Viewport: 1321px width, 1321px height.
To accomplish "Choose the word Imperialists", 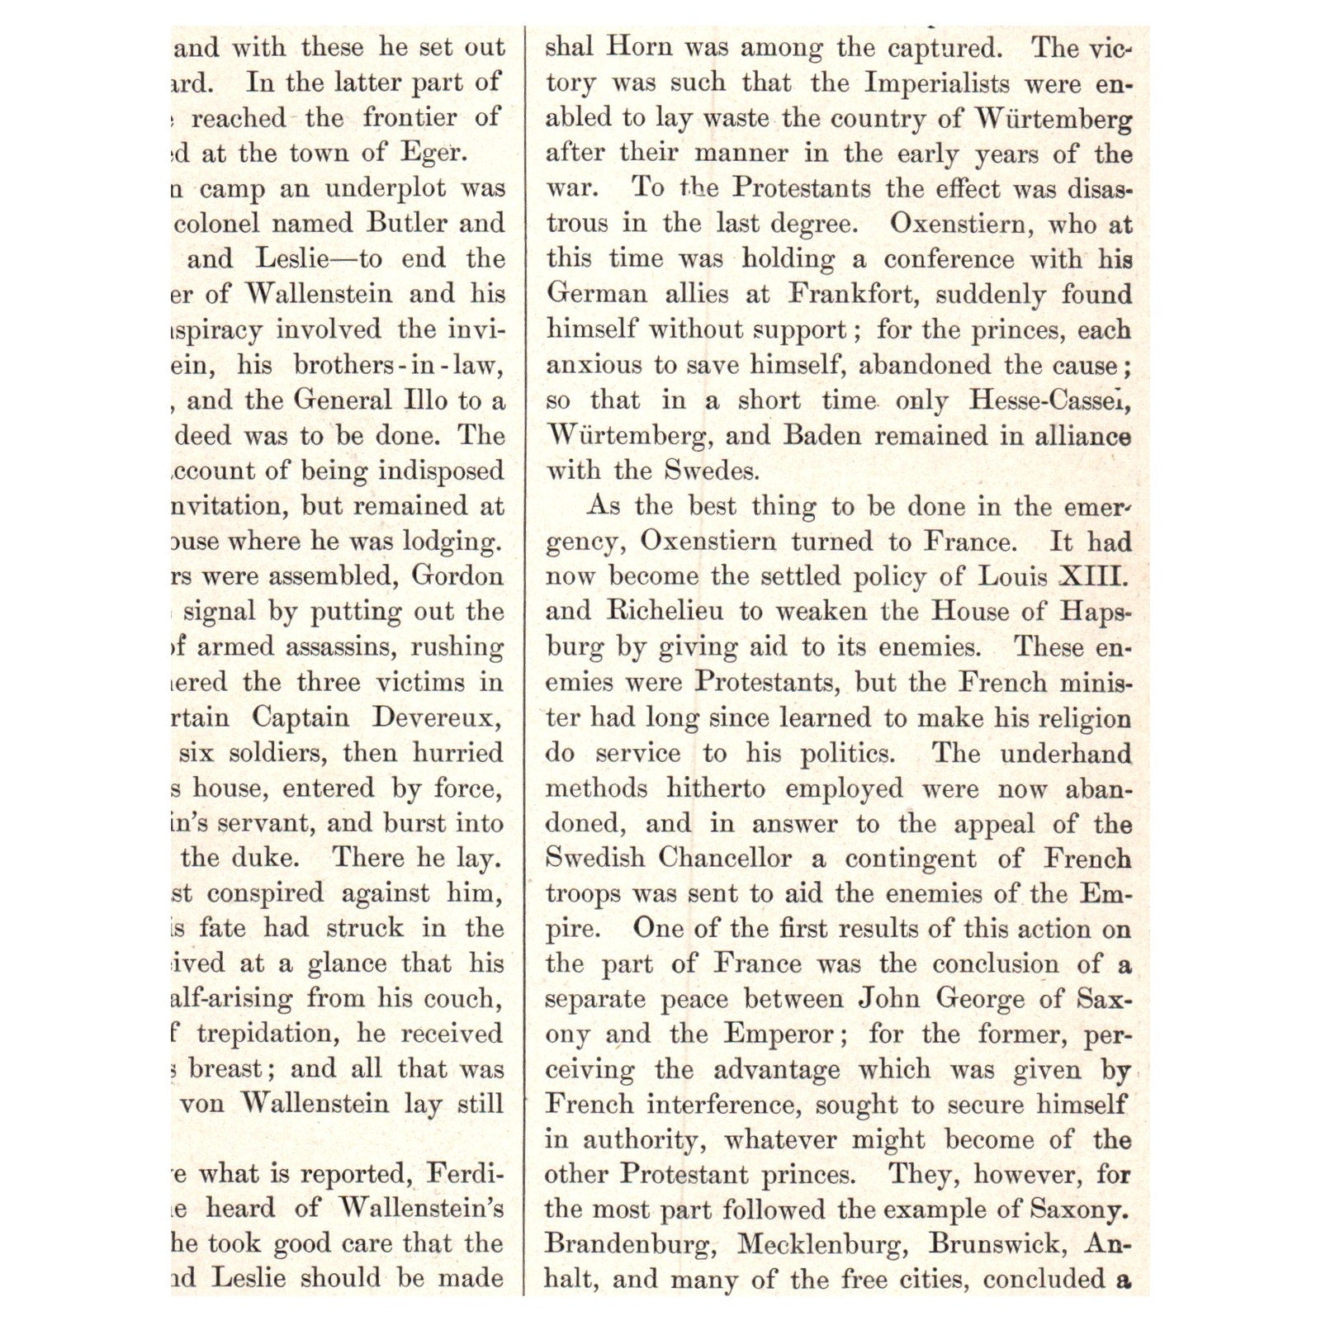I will pyautogui.click(x=937, y=83).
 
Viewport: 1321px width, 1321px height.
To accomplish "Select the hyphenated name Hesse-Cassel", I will pyautogui.click(x=1049, y=400).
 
